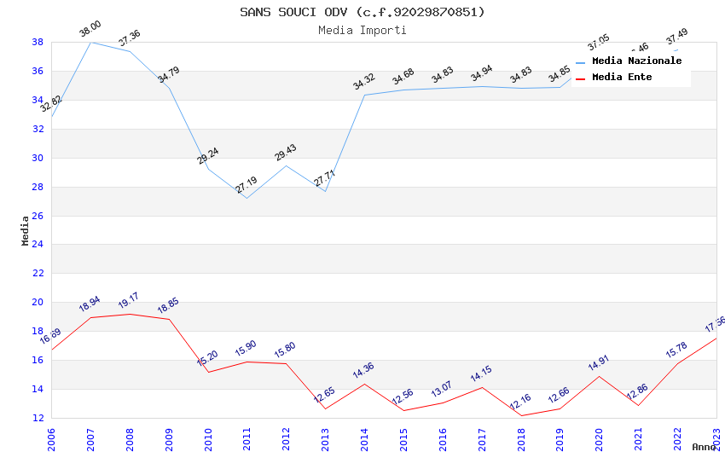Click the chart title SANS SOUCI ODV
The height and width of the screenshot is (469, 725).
point(362,12)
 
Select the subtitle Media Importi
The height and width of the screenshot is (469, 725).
point(362,30)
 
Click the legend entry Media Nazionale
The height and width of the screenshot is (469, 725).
point(636,61)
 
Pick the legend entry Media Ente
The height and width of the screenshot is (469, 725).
point(622,78)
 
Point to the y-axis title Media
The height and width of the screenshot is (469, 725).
point(26,230)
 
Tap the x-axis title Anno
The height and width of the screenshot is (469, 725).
point(704,447)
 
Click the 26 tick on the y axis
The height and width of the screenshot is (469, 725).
point(38,216)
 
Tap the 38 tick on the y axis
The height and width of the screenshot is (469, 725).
point(38,42)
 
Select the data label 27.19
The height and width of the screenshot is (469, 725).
point(246,185)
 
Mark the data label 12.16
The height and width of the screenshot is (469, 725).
point(520,402)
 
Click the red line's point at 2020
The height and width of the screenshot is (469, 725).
point(599,376)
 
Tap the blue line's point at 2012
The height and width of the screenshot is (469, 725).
point(286,165)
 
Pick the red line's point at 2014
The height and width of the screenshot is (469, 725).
point(364,384)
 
